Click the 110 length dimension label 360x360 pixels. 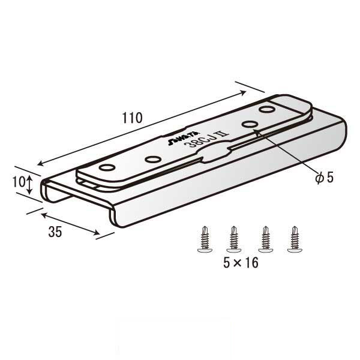tap(132, 118)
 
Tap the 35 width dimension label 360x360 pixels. tap(55, 232)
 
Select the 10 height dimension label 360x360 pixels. tap(19, 182)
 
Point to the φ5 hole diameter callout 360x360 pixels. tap(324, 178)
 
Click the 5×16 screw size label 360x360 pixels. tap(241, 263)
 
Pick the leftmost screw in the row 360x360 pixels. tap(205, 239)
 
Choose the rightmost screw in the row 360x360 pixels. tap(295, 239)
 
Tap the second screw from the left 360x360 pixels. tap(234, 239)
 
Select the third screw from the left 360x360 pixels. tap(265, 239)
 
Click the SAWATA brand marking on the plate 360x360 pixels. tap(184, 139)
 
